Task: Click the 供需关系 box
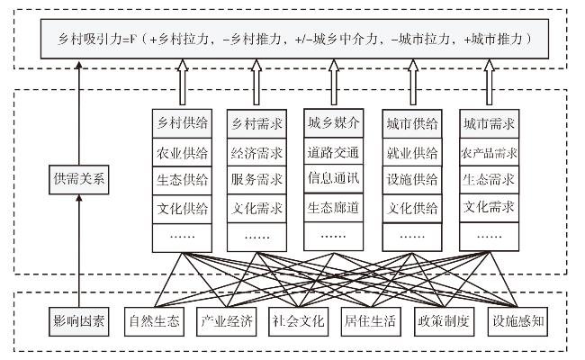78,179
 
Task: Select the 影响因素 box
78,321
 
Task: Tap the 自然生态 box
154,321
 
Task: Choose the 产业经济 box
227,321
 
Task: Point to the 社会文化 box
299,321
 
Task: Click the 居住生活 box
371,321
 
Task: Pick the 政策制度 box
444,321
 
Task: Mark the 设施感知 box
517,321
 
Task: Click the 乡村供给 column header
182,123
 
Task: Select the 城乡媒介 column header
334,123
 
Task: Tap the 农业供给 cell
182,152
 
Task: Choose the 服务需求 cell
256,180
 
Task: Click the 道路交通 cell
334,151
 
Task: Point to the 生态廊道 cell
334,207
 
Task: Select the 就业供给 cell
412,152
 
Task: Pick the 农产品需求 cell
489,152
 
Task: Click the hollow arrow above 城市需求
489,82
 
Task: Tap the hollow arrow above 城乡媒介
334,82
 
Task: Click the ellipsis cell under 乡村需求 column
256,238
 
